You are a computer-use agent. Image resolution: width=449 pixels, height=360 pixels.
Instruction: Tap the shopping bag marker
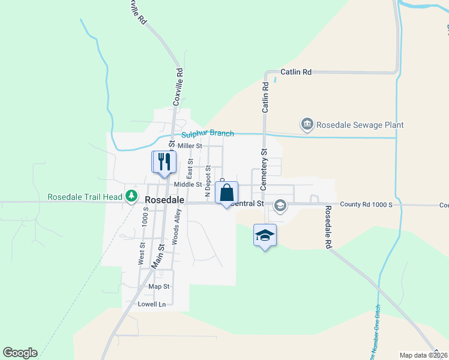pyautogui.click(x=226, y=193)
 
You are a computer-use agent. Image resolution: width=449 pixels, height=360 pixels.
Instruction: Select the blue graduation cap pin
pyautogui.click(x=265, y=235)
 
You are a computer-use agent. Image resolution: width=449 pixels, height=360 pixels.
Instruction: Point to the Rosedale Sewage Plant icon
pyautogui.click(x=307, y=125)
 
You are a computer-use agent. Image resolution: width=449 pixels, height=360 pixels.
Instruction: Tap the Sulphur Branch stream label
pyautogui.click(x=207, y=133)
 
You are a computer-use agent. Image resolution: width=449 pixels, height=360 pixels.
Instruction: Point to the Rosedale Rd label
pyautogui.click(x=328, y=228)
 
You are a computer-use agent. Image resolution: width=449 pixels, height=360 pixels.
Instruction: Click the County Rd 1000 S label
pyautogui.click(x=366, y=205)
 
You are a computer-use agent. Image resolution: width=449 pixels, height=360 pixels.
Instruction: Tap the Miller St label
pyautogui.click(x=190, y=146)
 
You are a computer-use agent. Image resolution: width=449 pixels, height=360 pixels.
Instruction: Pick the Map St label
pyautogui.click(x=159, y=287)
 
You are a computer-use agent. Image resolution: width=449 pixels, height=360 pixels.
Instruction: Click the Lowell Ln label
pyautogui.click(x=151, y=304)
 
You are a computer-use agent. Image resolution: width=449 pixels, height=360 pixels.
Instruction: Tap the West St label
pyautogui.click(x=142, y=253)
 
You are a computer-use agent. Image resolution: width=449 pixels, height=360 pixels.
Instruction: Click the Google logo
pyautogui.click(x=20, y=353)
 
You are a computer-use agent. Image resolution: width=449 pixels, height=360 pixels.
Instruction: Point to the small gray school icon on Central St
pyautogui.click(x=280, y=206)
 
